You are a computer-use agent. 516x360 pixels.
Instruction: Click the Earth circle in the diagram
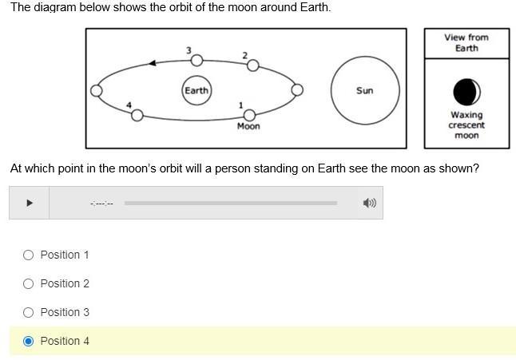click(x=196, y=90)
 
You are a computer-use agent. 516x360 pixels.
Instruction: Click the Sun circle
click(x=364, y=90)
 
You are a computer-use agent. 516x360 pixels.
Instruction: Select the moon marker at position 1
click(x=249, y=115)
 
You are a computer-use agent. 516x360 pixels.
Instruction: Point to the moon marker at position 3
click(x=196, y=60)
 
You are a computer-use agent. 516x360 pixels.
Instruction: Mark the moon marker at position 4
click(x=137, y=115)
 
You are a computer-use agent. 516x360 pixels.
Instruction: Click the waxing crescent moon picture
click(x=466, y=92)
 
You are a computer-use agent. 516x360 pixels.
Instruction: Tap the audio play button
click(x=30, y=203)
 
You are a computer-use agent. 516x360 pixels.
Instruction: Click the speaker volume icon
click(x=369, y=203)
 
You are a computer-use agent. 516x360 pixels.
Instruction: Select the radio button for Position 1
click(x=29, y=255)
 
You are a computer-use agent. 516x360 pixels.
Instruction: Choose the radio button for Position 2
click(x=29, y=283)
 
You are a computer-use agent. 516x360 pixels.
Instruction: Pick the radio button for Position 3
click(x=29, y=312)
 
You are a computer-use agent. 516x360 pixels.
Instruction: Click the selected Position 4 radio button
click(x=29, y=341)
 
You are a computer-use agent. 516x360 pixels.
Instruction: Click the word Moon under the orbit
click(x=248, y=126)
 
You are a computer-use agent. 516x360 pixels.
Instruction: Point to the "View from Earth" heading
click(x=466, y=42)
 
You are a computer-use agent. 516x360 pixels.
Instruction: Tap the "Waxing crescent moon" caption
click(x=466, y=125)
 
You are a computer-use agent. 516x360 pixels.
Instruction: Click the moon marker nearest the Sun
click(x=297, y=89)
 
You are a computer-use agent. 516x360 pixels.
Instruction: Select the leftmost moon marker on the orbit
click(x=97, y=90)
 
